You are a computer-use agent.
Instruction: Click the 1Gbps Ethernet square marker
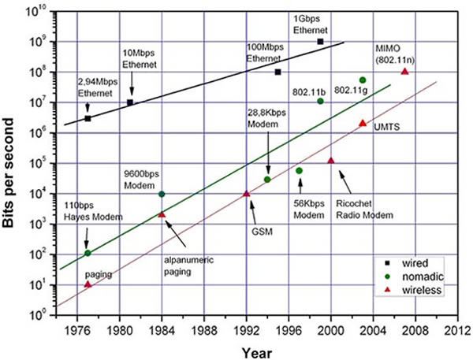tap(320, 41)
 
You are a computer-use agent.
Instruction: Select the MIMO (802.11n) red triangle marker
tap(404, 72)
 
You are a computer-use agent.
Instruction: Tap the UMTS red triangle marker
tap(362, 123)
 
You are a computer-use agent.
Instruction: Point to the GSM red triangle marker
tap(246, 194)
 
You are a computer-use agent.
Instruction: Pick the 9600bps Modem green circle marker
tap(162, 194)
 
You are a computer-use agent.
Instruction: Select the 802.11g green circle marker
tap(362, 80)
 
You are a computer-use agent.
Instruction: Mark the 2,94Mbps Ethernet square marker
tap(88, 118)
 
